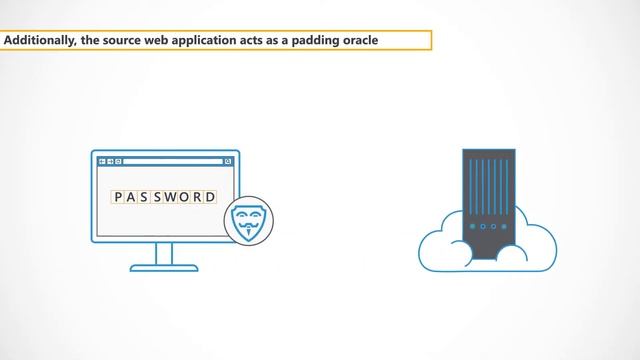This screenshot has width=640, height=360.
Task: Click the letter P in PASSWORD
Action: pyautogui.click(x=118, y=196)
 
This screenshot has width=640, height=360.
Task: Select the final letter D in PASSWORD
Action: pyautogui.click(x=210, y=196)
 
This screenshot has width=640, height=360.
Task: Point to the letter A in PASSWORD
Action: pyautogui.click(x=131, y=196)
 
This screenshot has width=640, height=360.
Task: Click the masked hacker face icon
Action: pyautogui.click(x=247, y=217)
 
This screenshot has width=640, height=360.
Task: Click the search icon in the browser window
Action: pyautogui.click(x=228, y=161)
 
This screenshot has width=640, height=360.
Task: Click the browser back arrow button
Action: pyautogui.click(x=101, y=161)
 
